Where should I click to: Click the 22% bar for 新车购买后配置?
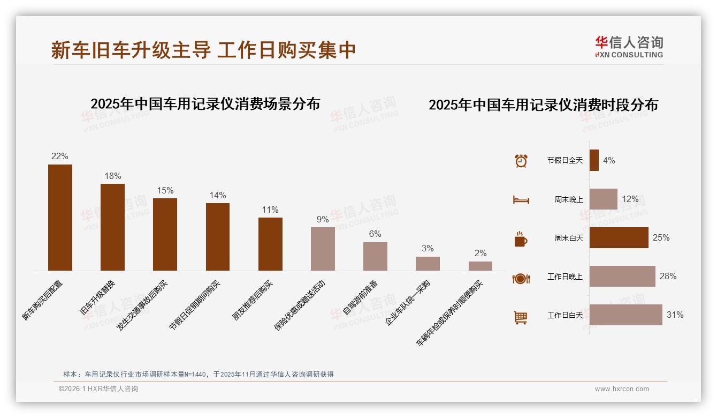click(x=60, y=217)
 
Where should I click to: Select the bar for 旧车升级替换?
click(x=112, y=227)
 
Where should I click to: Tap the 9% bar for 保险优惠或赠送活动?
click(x=323, y=249)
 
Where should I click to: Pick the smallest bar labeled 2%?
click(x=480, y=266)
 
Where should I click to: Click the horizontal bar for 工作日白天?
click(x=626, y=315)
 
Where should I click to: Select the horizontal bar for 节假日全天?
click(x=594, y=160)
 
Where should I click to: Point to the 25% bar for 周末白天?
click(x=619, y=237)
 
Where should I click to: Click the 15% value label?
click(x=165, y=191)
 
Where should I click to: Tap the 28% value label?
click(x=668, y=277)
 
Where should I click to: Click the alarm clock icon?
click(x=521, y=160)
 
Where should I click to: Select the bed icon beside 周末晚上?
click(x=521, y=199)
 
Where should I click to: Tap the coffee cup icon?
click(x=521, y=238)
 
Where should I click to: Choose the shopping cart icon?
click(x=521, y=317)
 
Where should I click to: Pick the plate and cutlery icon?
click(x=521, y=278)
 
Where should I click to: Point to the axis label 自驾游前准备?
click(x=360, y=297)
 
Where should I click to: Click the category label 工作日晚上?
click(x=565, y=277)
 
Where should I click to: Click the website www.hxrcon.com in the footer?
click(x=622, y=389)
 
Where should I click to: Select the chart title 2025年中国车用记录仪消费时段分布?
click(x=543, y=105)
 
